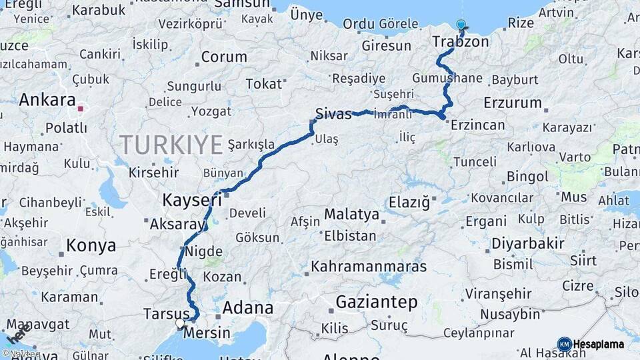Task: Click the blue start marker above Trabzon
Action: [461, 25]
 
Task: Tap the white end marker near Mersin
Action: [180, 323]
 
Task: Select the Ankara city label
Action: [47, 100]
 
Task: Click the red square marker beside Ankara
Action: [81, 108]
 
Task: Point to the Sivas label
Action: [333, 114]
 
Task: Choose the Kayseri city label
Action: [192, 200]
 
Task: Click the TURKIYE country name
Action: [171, 144]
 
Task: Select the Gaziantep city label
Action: [376, 302]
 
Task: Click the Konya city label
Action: [91, 245]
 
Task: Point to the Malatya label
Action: [351, 215]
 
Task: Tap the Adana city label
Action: [247, 308]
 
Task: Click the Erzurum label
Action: [513, 103]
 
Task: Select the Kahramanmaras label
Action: [369, 267]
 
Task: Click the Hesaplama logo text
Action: [598, 345]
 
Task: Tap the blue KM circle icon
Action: [564, 345]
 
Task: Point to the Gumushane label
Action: [447, 78]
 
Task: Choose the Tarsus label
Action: [165, 313]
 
